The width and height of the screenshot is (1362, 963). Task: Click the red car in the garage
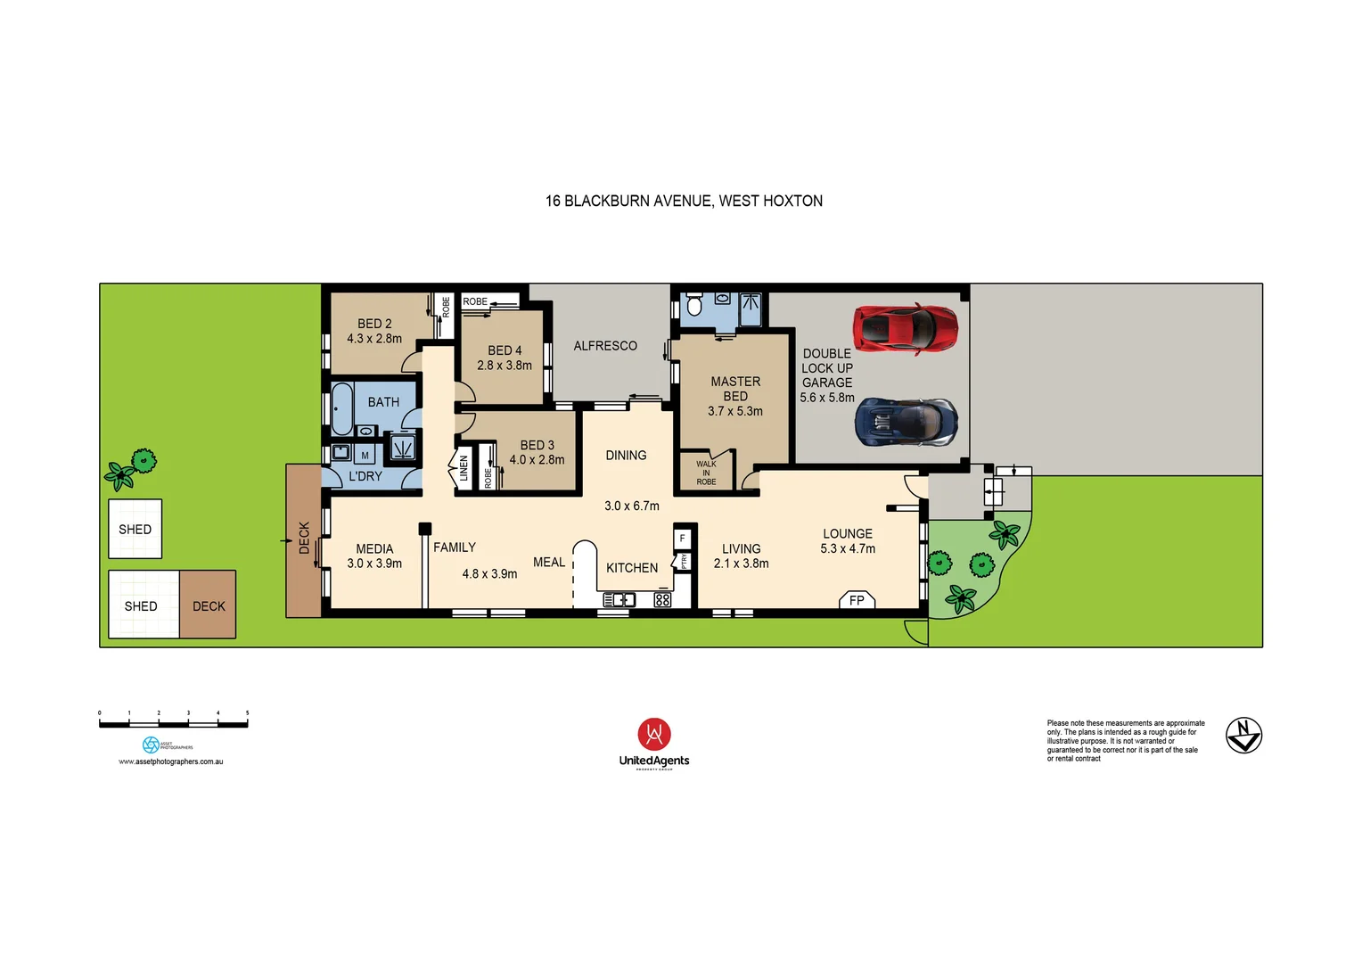[905, 328]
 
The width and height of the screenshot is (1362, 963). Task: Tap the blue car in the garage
[906, 422]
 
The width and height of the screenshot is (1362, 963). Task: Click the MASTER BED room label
[735, 389]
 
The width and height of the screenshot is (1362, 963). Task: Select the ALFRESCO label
[605, 346]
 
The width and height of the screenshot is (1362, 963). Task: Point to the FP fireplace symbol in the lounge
[857, 600]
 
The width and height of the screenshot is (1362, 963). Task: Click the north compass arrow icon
[1243, 736]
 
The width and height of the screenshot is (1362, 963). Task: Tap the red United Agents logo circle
[654, 734]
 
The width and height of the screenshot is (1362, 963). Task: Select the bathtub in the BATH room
[342, 407]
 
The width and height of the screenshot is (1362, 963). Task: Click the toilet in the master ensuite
[694, 307]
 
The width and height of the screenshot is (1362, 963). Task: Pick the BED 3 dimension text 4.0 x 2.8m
[537, 460]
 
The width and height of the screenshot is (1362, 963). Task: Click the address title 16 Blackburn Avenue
[684, 202]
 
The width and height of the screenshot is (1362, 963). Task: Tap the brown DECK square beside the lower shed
[208, 605]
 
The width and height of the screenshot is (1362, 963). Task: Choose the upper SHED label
[135, 530]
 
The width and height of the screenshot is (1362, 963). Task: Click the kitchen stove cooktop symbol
[662, 600]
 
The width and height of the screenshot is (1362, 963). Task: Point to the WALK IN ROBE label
[706, 473]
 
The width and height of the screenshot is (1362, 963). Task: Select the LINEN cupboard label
[464, 468]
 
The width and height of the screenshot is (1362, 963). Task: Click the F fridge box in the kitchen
[682, 539]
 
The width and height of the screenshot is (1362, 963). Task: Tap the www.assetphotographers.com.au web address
[171, 761]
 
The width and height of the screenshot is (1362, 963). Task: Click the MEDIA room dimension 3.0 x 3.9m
[374, 564]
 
